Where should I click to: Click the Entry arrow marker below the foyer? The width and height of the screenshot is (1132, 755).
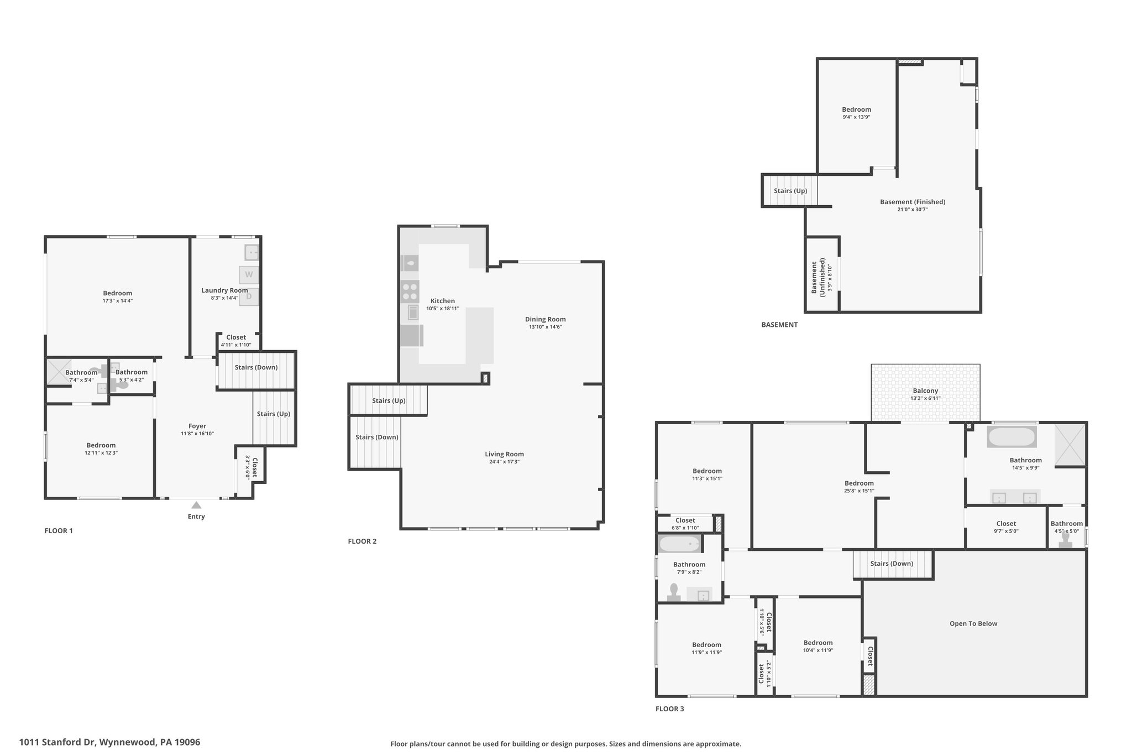pyautogui.click(x=196, y=504)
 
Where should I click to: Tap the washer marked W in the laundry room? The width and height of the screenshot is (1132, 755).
pyautogui.click(x=249, y=275)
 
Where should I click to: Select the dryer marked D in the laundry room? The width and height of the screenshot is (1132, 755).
pyautogui.click(x=249, y=296)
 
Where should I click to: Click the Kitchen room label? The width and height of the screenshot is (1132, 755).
pyautogui.click(x=443, y=301)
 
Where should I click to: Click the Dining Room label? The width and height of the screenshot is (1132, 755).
pyautogui.click(x=546, y=319)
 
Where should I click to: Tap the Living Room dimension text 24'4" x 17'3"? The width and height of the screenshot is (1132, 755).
pyautogui.click(x=505, y=461)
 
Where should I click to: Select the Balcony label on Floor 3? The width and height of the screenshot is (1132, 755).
pyautogui.click(x=925, y=390)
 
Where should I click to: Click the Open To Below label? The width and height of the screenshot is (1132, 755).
pyautogui.click(x=973, y=623)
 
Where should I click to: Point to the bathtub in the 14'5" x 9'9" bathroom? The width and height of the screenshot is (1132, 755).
pyautogui.click(x=1012, y=437)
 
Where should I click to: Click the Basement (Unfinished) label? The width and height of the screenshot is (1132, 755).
pyautogui.click(x=818, y=277)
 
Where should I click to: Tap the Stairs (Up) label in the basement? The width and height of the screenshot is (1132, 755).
pyautogui.click(x=790, y=191)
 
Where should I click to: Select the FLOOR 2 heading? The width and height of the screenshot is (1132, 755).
pyautogui.click(x=362, y=541)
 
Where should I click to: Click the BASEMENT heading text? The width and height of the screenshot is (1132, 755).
pyautogui.click(x=779, y=325)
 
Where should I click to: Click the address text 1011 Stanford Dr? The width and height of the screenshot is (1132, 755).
pyautogui.click(x=58, y=742)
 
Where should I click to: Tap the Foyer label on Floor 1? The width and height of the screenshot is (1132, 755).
pyautogui.click(x=197, y=426)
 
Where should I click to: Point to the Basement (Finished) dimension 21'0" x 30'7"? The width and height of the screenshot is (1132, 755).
pyautogui.click(x=913, y=209)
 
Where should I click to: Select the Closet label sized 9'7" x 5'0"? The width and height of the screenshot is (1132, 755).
pyautogui.click(x=1006, y=523)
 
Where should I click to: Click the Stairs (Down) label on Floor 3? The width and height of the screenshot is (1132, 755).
pyautogui.click(x=892, y=564)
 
